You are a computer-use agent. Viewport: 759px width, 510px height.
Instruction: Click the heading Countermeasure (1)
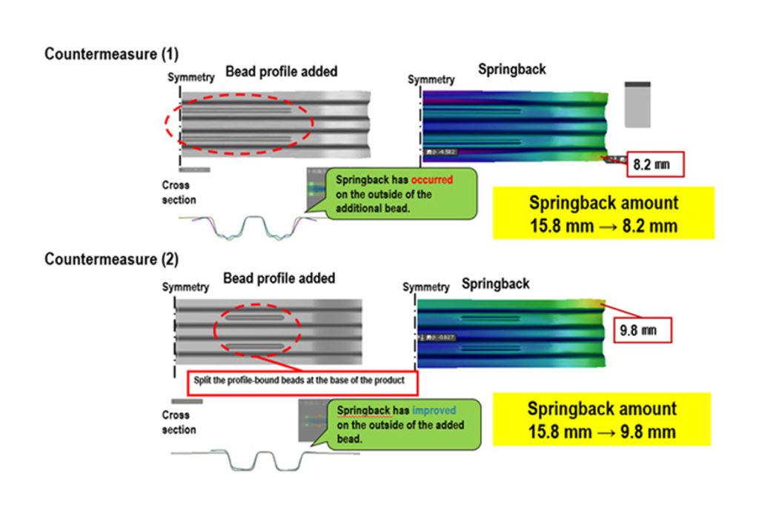click(111, 54)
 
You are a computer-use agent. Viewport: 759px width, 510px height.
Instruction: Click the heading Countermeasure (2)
click(111, 259)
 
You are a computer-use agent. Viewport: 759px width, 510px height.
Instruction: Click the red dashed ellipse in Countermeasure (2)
click(256, 331)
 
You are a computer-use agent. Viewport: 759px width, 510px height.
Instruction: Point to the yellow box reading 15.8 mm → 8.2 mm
click(603, 213)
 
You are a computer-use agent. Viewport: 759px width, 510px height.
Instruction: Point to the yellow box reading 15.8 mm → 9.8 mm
click(601, 420)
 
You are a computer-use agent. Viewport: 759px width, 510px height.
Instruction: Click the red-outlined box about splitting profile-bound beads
click(302, 382)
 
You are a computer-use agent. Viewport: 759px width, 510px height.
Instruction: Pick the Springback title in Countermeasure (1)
click(511, 70)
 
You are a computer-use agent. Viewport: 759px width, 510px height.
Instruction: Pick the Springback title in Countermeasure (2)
click(495, 283)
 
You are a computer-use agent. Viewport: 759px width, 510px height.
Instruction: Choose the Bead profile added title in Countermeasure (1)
click(281, 72)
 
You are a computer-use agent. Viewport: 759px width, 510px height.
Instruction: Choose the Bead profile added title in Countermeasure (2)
click(279, 278)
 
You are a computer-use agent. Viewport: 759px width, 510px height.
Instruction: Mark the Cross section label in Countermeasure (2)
click(178, 422)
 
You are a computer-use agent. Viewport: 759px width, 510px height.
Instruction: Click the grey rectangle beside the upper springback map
click(638, 104)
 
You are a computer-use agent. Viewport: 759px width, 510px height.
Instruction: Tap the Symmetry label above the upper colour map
click(431, 79)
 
